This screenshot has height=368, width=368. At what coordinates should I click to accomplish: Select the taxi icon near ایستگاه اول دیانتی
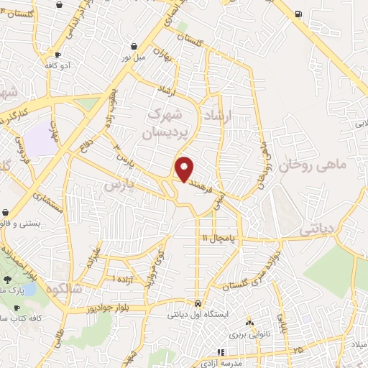click(x=198, y=303)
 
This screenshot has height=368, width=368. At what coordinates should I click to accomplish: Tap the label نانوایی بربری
click(x=248, y=335)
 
